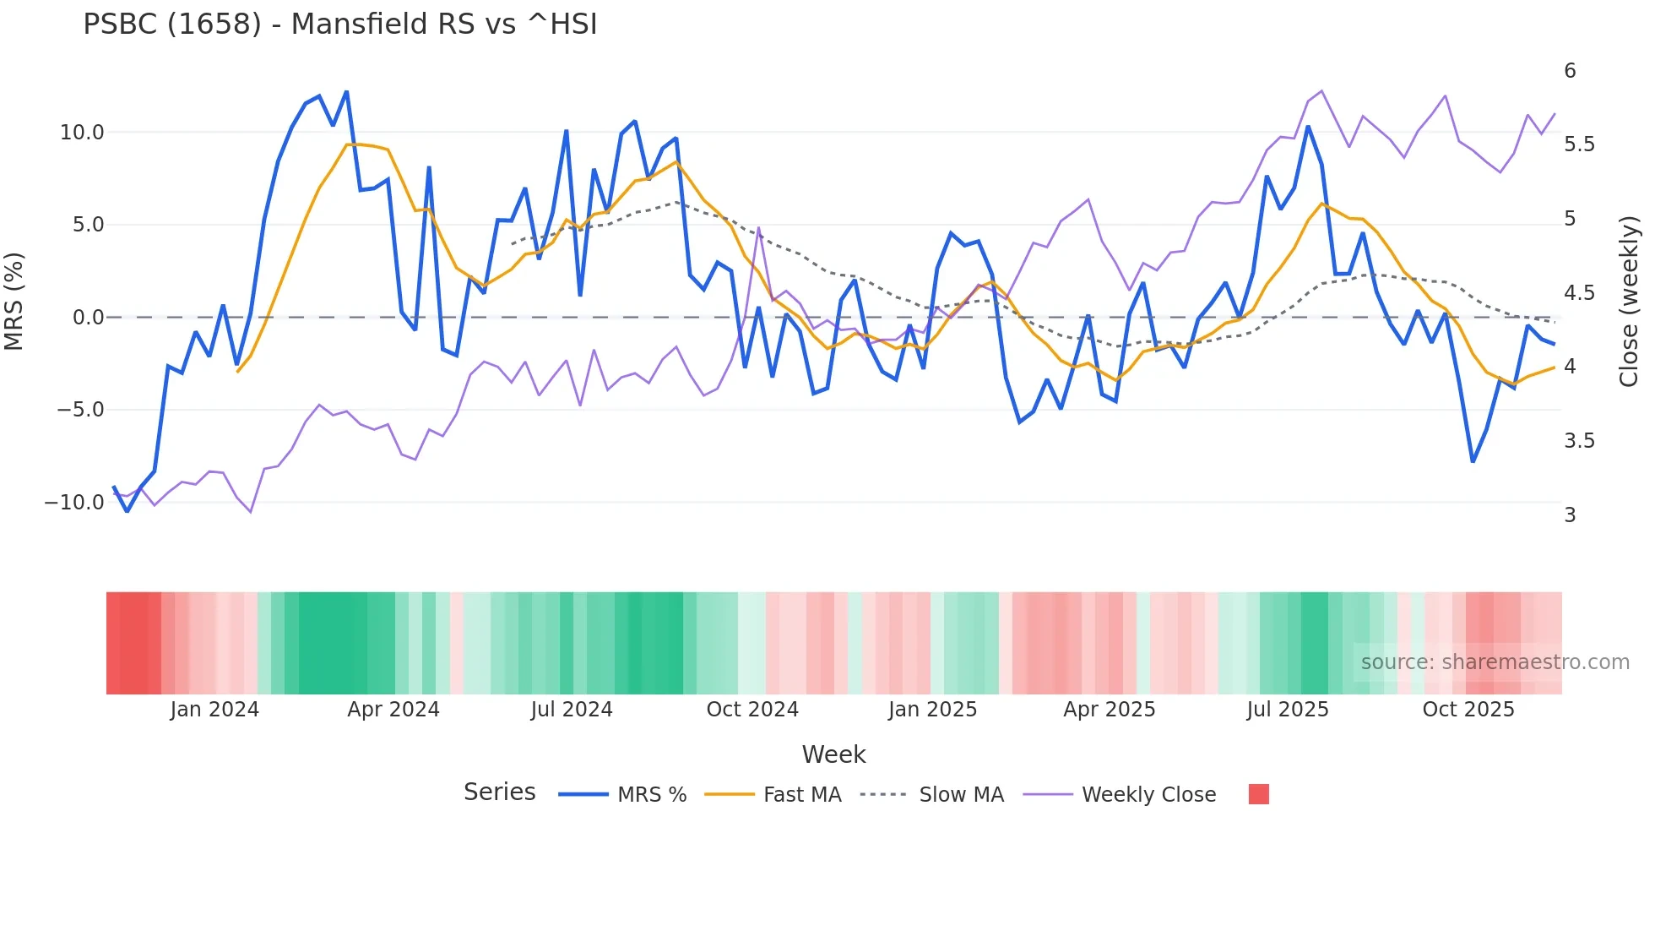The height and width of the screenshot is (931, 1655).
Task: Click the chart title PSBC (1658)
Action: (x=339, y=24)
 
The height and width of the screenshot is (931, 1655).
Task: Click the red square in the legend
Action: (x=1258, y=794)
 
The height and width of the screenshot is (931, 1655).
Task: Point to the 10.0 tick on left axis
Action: (x=82, y=133)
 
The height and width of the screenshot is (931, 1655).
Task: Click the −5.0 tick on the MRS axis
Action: (x=80, y=410)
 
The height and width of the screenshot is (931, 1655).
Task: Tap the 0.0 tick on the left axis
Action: (x=88, y=318)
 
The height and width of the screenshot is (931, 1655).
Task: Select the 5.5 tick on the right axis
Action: (x=1579, y=144)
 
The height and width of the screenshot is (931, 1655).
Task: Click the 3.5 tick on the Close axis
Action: (x=1579, y=441)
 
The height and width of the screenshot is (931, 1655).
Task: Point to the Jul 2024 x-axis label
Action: (x=572, y=710)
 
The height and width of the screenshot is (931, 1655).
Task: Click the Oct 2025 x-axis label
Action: (x=1468, y=710)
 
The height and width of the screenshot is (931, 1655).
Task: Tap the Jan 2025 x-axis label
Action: (x=932, y=710)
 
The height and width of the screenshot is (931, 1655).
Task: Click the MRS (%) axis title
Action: (x=14, y=302)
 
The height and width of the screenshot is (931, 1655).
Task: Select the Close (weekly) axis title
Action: (x=1629, y=302)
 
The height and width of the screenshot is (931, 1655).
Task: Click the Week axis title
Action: (x=833, y=754)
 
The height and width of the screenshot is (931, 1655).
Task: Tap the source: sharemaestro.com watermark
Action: (x=1495, y=662)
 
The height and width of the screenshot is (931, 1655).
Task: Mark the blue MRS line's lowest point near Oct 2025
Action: (x=1473, y=461)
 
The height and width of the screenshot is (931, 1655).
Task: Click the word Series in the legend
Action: (x=499, y=792)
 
